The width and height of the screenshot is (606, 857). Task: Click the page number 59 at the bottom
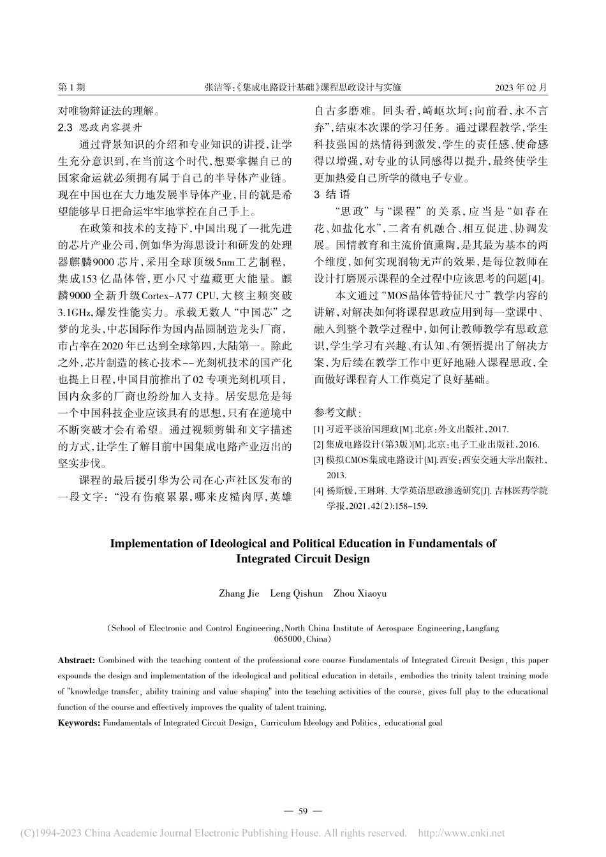303,810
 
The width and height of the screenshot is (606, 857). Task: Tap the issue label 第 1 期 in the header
71,87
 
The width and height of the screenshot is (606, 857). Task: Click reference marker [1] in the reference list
319,429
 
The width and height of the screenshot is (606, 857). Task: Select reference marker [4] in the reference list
319,490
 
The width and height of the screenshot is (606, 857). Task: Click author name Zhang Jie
239,593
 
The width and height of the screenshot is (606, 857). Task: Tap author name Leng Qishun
296,593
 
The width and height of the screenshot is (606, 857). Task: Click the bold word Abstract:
77,659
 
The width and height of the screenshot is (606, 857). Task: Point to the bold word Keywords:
79,722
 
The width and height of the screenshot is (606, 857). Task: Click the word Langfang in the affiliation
483,628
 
